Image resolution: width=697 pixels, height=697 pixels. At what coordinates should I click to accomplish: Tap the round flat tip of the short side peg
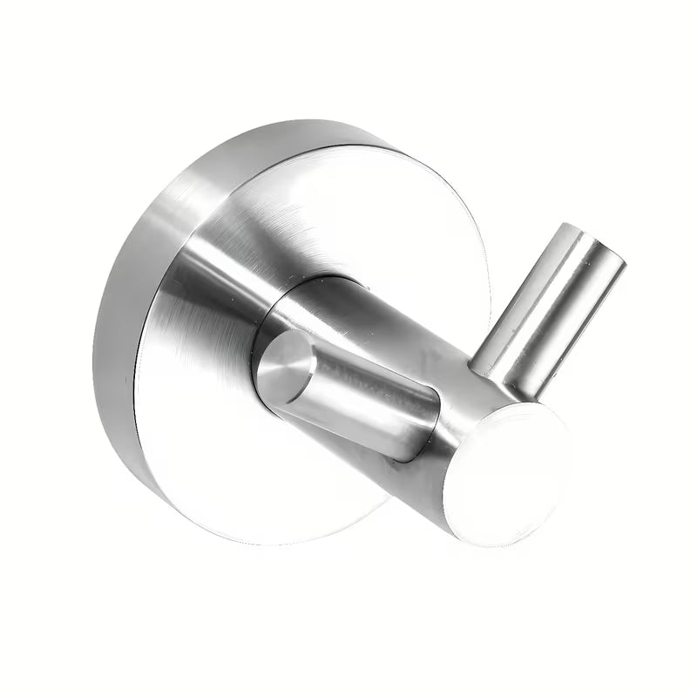[286, 366]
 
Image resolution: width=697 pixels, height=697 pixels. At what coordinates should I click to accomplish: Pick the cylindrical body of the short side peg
[348, 392]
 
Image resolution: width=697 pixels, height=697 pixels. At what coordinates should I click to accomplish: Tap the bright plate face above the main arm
[348, 200]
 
